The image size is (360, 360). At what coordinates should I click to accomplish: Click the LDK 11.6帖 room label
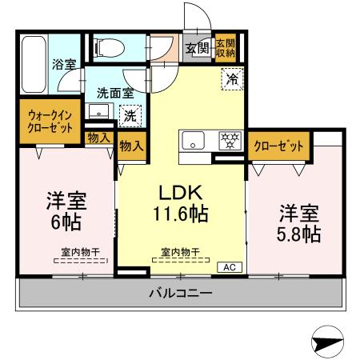click(181, 203)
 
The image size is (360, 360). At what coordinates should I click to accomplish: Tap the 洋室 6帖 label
click(67, 210)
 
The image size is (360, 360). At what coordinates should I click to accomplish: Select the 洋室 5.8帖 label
click(300, 223)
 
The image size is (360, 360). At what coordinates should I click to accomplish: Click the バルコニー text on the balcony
click(180, 294)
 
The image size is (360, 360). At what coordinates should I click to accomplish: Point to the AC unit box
click(227, 267)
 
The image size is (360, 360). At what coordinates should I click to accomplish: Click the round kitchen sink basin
click(194, 142)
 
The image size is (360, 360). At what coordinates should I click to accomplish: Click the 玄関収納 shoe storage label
click(226, 47)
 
